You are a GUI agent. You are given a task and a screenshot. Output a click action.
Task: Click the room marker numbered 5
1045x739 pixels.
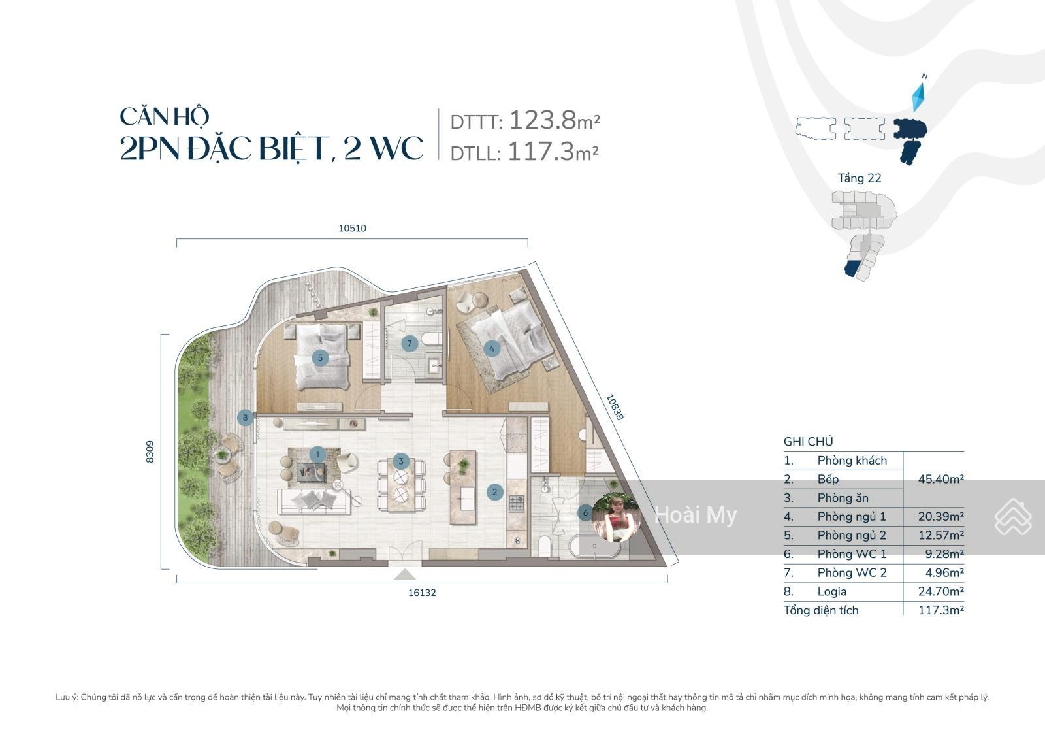[x=320, y=358]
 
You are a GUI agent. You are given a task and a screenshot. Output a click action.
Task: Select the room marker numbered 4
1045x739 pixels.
[x=491, y=348]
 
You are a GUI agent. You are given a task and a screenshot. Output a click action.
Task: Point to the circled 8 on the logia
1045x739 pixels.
[x=246, y=418]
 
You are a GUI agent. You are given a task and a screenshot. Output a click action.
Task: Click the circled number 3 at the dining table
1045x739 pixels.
[x=401, y=462]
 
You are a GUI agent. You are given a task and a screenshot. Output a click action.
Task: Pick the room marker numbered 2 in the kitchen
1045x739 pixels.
[x=495, y=492]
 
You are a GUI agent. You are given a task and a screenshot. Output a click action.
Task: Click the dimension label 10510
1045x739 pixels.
[x=352, y=228]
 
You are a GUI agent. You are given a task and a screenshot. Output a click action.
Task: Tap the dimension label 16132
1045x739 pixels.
[x=422, y=593]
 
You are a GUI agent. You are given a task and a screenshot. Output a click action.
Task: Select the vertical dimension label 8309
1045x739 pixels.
[x=150, y=452]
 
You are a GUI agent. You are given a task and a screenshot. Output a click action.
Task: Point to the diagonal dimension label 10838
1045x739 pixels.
[x=614, y=407]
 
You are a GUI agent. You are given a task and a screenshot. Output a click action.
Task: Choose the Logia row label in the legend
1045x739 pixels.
[x=832, y=591]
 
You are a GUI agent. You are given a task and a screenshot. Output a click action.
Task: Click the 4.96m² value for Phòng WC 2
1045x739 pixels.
[x=944, y=572]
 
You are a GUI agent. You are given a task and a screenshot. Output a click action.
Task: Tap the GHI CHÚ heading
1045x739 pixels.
[x=809, y=441]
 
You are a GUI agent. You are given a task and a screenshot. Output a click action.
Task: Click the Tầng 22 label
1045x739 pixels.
[x=860, y=178]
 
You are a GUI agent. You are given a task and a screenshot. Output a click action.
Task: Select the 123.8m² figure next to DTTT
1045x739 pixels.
[x=555, y=120]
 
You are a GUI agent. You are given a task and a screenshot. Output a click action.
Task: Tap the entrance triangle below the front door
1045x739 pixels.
[x=405, y=574]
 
